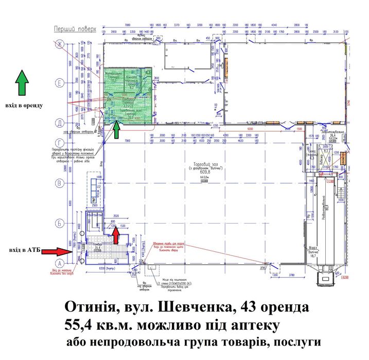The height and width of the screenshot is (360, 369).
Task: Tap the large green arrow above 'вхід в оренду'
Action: (x=22, y=84)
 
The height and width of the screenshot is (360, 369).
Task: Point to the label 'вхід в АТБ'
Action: (x=24, y=250)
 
